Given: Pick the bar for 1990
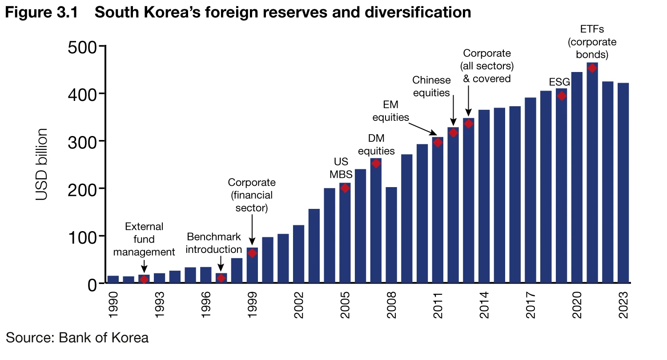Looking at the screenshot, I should pos(113,279).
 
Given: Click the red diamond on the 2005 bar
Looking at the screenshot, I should pos(345,188).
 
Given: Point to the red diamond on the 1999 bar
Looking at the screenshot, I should pos(252,253).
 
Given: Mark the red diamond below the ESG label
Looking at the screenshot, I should pos(561,96).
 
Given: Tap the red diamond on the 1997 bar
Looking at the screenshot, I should pos(221,278).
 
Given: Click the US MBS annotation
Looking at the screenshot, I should pos(341,168).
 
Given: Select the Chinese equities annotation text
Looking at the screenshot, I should pos(431,86).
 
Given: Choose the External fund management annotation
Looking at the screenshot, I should pos(144,239).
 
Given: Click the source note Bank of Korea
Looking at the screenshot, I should pos(77,338).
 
